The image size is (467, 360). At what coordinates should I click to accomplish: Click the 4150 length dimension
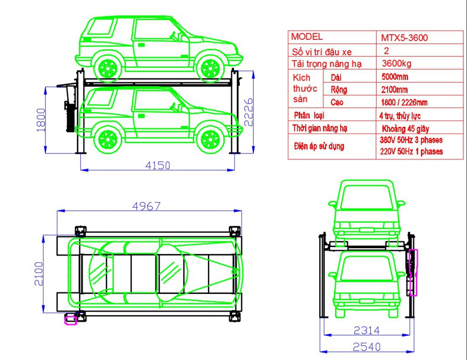157,165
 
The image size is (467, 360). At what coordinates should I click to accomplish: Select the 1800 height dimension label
41,120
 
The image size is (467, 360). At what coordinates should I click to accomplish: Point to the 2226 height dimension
248,112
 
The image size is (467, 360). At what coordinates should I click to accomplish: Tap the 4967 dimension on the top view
146,206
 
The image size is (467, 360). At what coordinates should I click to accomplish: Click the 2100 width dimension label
39,274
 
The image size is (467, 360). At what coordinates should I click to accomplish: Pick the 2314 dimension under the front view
367,330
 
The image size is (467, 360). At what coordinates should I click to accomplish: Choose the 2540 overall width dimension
367,347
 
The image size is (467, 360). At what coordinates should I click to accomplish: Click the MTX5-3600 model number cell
404,37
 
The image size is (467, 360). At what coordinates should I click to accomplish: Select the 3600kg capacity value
396,63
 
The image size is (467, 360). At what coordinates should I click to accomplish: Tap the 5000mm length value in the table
394,77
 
